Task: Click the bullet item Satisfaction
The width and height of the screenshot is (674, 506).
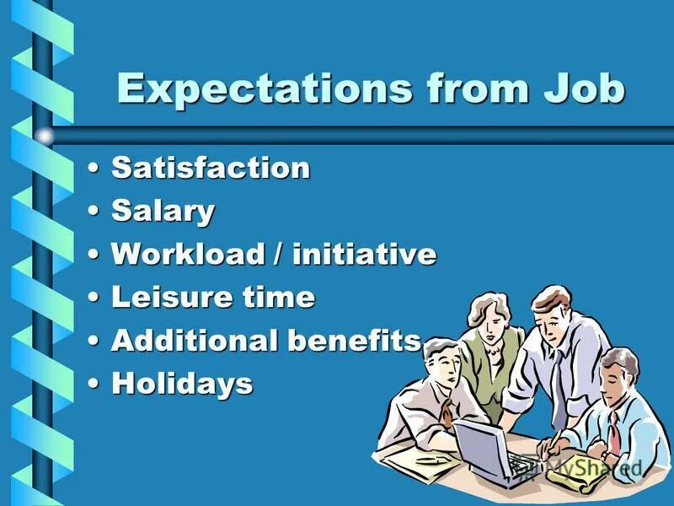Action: point(211,168)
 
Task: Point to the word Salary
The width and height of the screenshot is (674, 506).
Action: point(163,212)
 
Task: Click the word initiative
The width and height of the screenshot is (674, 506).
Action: point(364,254)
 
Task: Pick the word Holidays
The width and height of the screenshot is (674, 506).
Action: point(182,384)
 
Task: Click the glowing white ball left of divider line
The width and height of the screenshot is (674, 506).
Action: point(44,135)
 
